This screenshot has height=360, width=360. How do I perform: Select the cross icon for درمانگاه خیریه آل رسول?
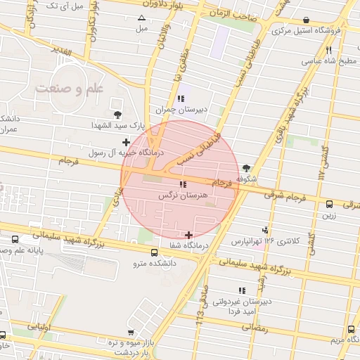126,143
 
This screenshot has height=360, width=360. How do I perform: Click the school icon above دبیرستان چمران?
181,99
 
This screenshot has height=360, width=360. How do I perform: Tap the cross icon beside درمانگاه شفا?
188,234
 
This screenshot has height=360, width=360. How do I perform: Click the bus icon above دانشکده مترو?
154,253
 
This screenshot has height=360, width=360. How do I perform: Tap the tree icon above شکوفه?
245,168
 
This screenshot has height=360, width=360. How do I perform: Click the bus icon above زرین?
330,205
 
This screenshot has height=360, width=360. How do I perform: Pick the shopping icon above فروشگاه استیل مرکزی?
305,20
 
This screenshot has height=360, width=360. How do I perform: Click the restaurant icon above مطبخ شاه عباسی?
328,49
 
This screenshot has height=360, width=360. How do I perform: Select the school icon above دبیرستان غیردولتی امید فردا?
243,290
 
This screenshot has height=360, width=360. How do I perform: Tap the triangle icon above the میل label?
142,18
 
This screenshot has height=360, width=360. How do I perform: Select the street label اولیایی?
39,328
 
